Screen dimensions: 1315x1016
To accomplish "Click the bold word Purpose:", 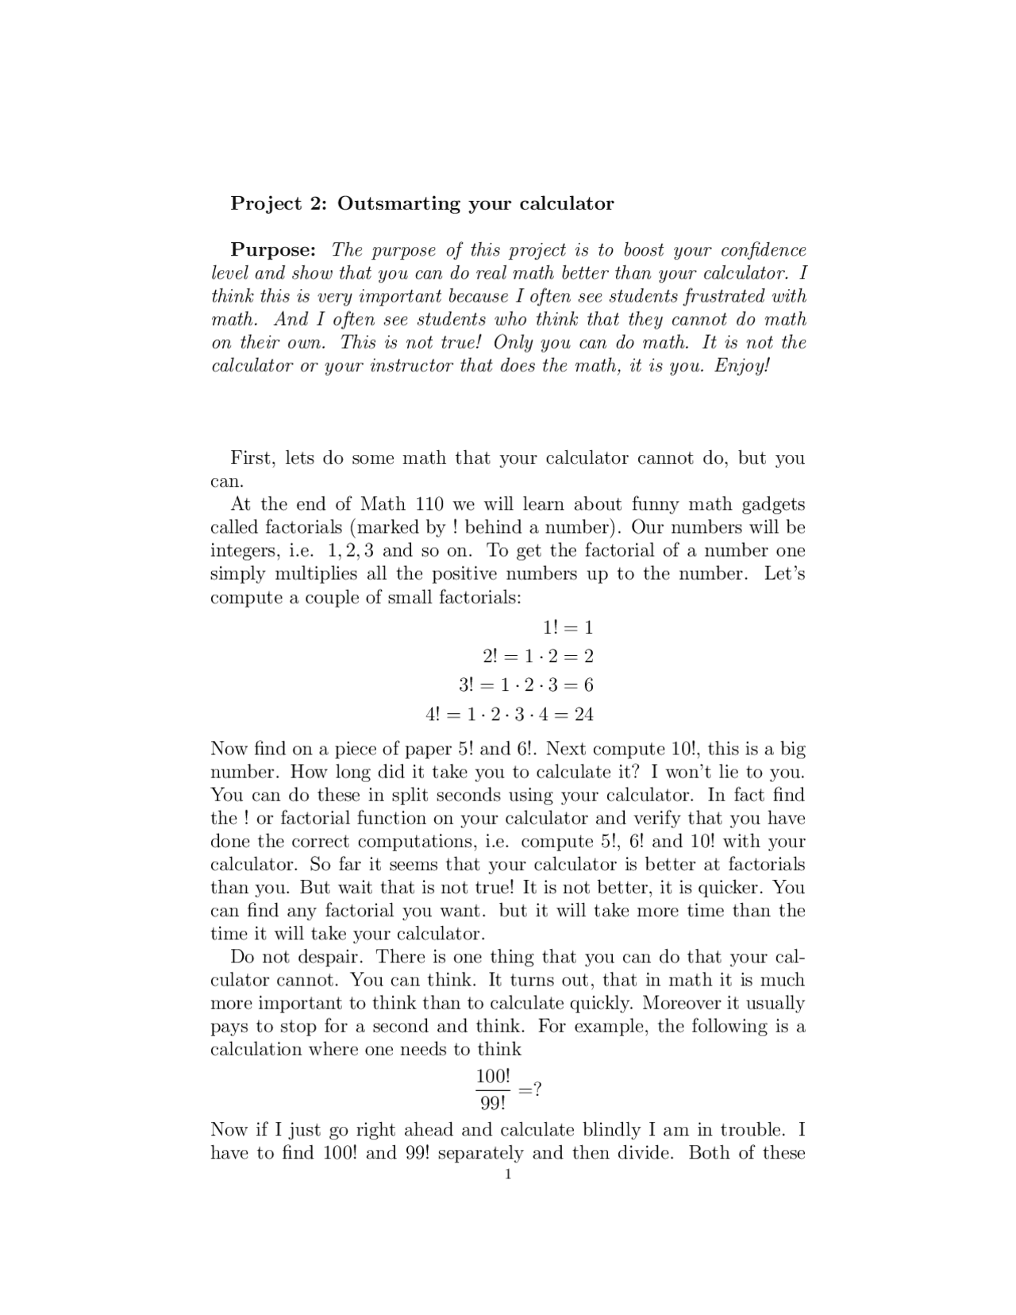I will click(273, 249).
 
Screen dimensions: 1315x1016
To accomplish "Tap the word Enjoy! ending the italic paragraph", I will click(742, 366).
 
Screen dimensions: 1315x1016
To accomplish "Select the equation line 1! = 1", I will click(568, 627).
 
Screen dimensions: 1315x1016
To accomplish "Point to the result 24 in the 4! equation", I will click(584, 714).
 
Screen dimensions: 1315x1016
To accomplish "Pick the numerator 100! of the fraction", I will click(493, 1077).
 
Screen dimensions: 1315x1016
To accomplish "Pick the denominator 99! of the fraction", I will click(493, 1104).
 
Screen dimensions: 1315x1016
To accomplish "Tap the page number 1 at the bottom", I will click(508, 1174).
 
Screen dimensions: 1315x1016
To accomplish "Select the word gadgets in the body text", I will click(773, 504).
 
